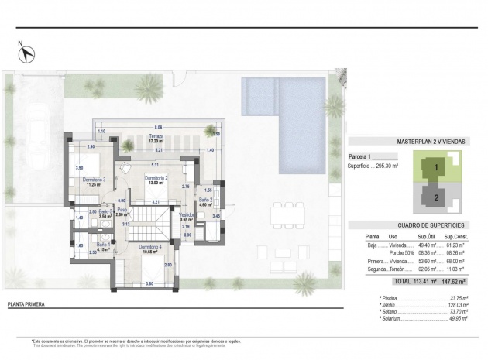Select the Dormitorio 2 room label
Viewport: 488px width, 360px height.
tap(156, 180)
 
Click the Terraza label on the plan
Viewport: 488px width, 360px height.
tap(156, 137)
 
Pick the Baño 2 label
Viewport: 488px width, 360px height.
tap(205, 201)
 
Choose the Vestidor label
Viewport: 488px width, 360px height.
tap(186, 215)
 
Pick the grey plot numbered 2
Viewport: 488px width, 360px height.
tap(436, 197)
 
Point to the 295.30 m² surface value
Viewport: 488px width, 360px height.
tap(388, 165)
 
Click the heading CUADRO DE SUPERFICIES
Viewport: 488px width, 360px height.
tap(414, 225)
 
